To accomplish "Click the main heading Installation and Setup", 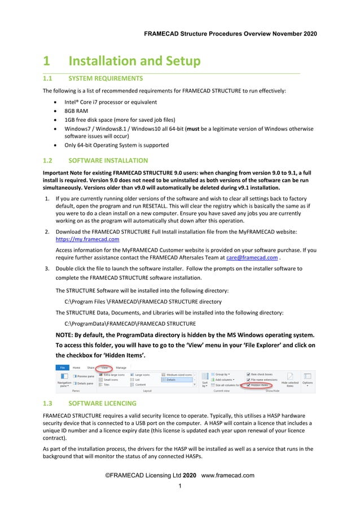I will (134, 61).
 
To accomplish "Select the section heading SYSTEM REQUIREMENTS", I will (105, 78).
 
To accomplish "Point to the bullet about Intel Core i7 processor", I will (110, 102).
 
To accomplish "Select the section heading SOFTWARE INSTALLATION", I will (108, 161).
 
